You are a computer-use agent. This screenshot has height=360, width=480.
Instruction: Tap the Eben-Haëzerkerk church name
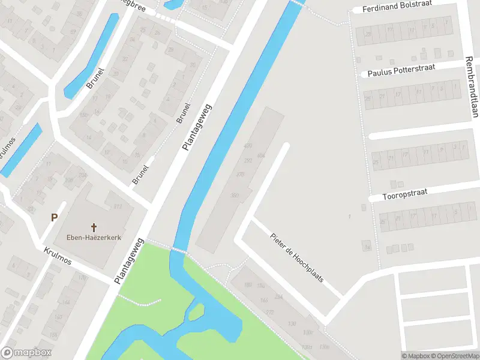[x=94, y=238]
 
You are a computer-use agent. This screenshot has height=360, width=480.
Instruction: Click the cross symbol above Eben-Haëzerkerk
[x=94, y=227]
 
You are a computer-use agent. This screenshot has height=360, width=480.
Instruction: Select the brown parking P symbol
[x=54, y=218]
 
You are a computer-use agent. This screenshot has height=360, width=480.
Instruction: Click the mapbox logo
[x=26, y=353]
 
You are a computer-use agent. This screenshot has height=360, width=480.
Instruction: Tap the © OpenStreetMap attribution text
[x=454, y=356]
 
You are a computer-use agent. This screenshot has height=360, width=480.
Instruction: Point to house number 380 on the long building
[x=235, y=195]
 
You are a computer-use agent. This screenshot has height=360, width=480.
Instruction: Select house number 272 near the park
[x=270, y=313]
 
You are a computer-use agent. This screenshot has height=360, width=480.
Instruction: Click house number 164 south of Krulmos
[x=67, y=301]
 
